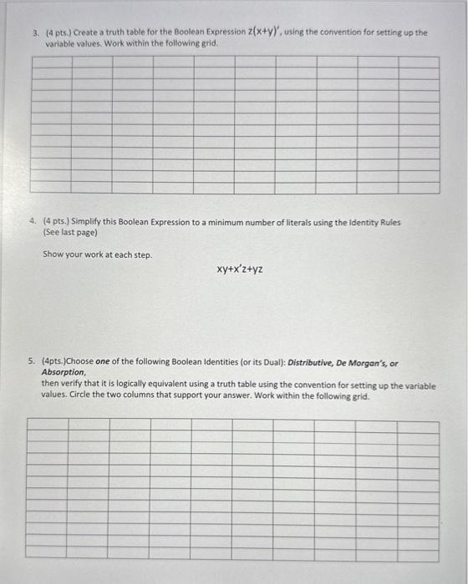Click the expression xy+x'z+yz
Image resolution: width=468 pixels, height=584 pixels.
tap(240, 269)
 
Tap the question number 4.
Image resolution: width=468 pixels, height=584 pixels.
tap(32, 223)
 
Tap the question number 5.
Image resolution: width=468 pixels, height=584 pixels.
tap(31, 363)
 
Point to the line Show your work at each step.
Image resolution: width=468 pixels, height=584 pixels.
tap(97, 254)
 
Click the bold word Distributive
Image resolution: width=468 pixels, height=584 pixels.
tap(309, 363)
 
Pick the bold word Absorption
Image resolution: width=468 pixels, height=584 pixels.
tap(63, 372)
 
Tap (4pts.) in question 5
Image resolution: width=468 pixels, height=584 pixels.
tap(57, 363)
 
